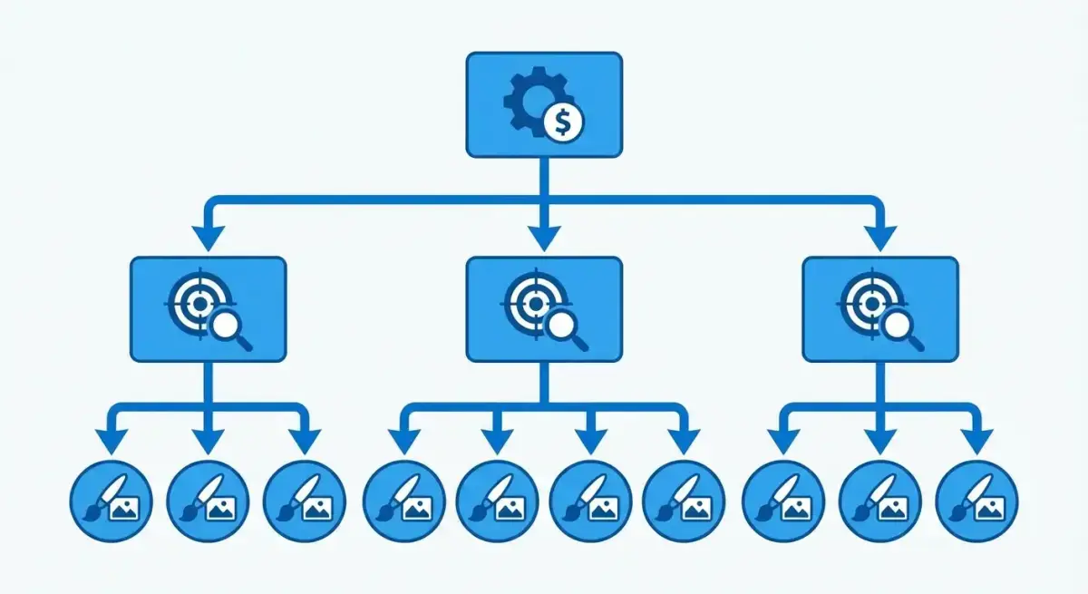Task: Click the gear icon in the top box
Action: (x=530, y=102)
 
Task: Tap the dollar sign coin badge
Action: (x=565, y=122)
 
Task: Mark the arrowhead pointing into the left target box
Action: (x=208, y=238)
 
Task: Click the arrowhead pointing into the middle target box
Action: (x=544, y=238)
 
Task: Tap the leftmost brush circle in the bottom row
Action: (x=112, y=501)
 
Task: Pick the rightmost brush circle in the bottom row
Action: (x=976, y=501)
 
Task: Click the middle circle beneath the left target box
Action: (x=209, y=501)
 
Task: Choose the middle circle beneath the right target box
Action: (x=879, y=501)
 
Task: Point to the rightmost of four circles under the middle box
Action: (x=684, y=501)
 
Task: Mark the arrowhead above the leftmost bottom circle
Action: (x=112, y=441)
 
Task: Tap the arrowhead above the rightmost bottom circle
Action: (x=976, y=441)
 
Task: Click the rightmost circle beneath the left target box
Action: (x=305, y=501)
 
